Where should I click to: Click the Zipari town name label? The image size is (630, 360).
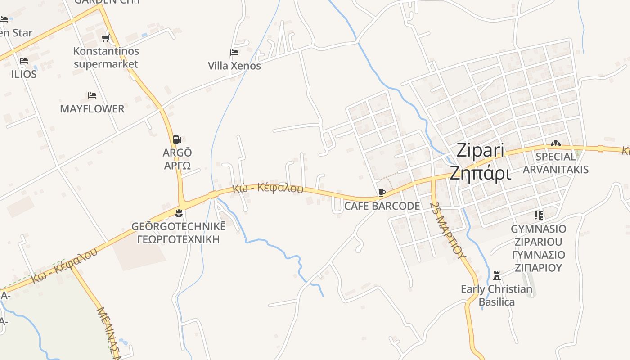point(480,151)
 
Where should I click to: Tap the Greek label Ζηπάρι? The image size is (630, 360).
point(481,173)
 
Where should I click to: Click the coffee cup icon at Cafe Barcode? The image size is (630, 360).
point(382,193)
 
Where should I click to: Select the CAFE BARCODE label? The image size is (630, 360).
point(382,206)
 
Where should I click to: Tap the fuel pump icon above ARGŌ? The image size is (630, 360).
point(177,139)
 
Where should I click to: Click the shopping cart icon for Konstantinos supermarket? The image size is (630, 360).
point(106,38)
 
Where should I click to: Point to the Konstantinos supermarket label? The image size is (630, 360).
point(106,58)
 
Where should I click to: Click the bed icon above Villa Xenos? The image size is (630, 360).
point(234,53)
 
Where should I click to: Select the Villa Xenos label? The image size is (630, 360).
point(234,66)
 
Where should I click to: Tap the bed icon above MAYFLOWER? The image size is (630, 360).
point(92,95)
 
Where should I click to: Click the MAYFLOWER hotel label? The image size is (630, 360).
point(92,109)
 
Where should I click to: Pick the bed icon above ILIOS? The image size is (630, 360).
point(24,61)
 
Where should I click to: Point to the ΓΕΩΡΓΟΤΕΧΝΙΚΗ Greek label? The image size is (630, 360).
point(178,239)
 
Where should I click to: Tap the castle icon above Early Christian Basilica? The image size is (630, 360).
point(497,275)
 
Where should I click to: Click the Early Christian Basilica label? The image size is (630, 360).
point(496,295)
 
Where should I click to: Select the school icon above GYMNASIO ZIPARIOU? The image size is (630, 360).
point(538,216)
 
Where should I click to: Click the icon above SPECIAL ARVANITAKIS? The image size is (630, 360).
point(556,144)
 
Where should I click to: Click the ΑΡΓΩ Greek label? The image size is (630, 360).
point(177,165)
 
